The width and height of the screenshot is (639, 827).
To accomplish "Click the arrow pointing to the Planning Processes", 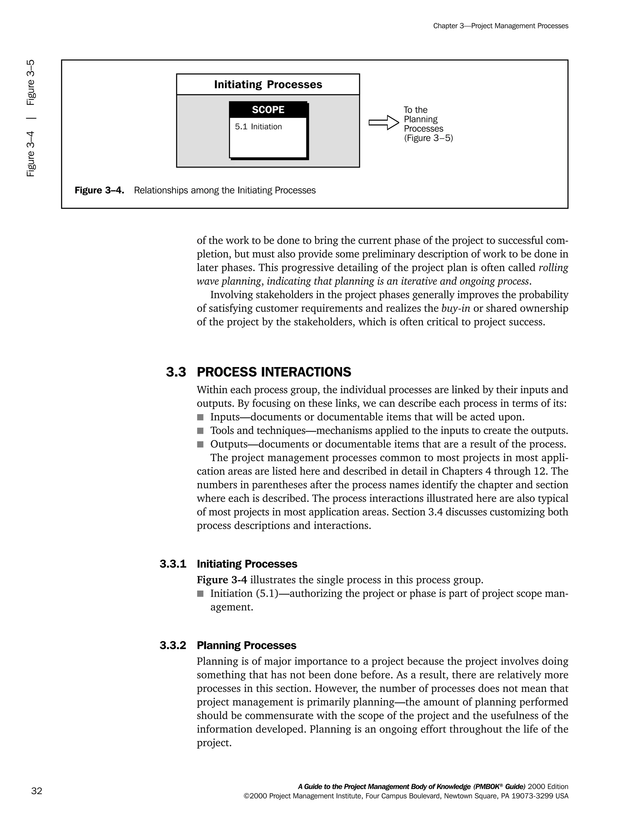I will point(384,122).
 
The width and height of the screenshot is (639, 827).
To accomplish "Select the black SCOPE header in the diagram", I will point(268,110).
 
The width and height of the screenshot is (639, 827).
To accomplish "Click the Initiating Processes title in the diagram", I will point(268,85).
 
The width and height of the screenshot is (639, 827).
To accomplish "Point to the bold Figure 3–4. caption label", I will point(99,190).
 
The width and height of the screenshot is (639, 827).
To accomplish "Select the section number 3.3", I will point(176,372).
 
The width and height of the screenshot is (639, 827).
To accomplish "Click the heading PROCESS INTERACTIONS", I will point(274,372).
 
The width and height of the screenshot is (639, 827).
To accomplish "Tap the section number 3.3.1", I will point(173,564).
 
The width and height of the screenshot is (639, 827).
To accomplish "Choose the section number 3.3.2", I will point(173,645).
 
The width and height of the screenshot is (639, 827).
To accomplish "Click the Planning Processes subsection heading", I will point(246,645).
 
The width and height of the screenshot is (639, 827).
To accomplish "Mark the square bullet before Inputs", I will point(200,417).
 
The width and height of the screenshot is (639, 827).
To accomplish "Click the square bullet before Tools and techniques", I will point(200,431).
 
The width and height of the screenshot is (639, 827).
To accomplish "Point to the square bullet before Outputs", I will point(200,444).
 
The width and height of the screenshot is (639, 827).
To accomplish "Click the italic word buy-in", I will point(456,309).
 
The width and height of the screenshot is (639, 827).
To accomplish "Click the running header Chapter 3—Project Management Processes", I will point(500,26).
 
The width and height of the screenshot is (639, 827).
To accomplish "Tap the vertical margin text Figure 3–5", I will point(31,82).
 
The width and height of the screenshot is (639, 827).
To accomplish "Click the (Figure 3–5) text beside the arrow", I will point(428,138).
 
